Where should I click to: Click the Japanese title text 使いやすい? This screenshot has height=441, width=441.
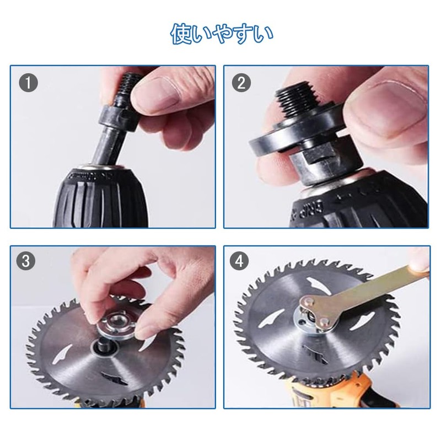(x=221, y=34)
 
